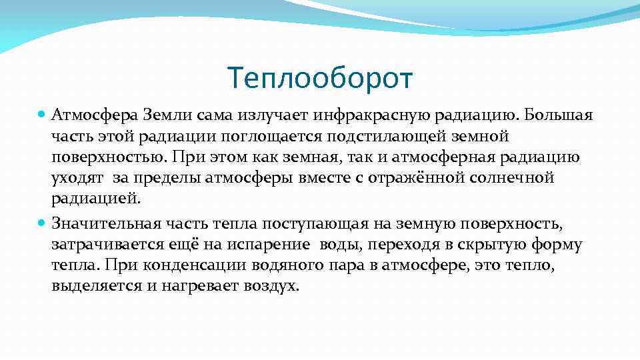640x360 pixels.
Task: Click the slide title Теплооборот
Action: coord(320,78)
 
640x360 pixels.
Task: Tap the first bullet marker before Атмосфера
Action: coord(43,115)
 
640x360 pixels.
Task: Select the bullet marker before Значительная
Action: coord(43,223)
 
